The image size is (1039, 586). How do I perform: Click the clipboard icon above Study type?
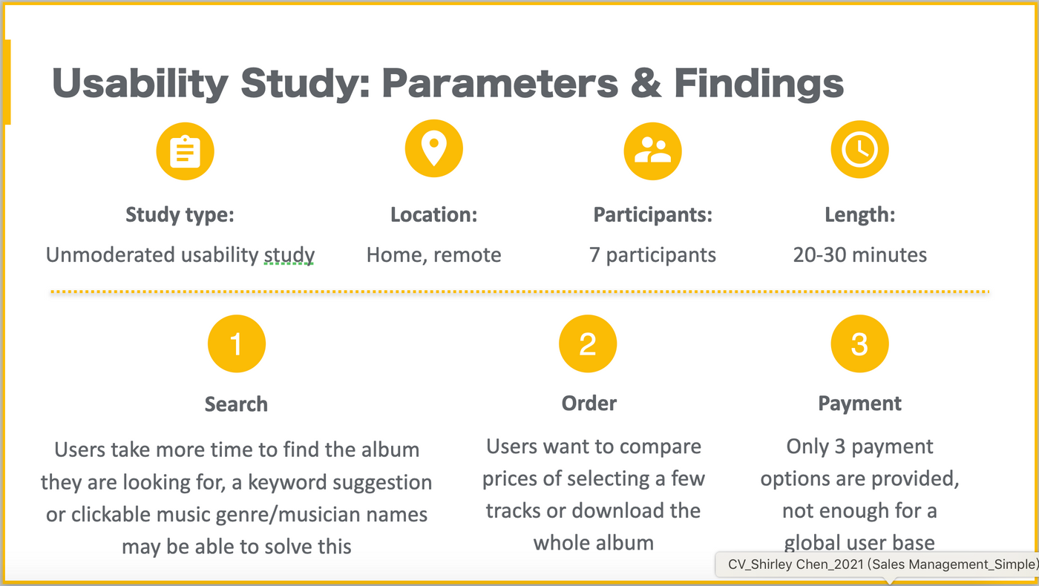click(185, 151)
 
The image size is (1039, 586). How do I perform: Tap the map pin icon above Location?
click(433, 148)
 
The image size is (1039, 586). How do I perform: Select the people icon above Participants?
click(652, 151)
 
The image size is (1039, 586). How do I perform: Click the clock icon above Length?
click(859, 149)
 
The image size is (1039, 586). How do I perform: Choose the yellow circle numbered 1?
click(237, 343)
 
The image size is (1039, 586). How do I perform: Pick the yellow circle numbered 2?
click(588, 343)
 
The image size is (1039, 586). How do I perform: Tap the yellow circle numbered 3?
click(859, 343)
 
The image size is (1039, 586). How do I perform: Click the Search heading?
click(236, 404)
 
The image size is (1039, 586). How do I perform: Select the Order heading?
click(589, 404)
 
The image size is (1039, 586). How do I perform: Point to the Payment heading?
click(859, 404)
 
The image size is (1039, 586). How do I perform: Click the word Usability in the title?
click(140, 84)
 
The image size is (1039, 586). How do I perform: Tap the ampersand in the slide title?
click(646, 83)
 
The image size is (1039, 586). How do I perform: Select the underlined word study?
click(289, 255)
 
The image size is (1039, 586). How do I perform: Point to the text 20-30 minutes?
click(860, 255)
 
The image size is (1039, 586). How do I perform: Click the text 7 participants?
click(652, 255)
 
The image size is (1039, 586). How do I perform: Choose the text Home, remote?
click(433, 255)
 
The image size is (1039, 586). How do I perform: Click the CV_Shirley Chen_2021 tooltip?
click(877, 564)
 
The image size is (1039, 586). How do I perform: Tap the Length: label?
click(860, 215)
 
